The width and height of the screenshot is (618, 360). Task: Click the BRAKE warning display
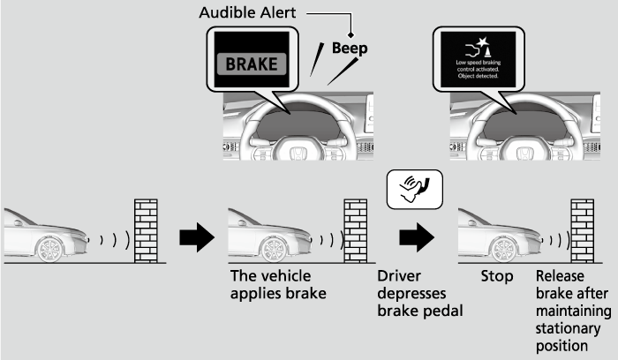252,64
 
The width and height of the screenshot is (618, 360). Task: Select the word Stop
496,276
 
